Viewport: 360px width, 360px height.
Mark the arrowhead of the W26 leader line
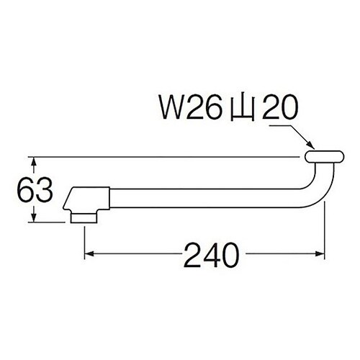307,148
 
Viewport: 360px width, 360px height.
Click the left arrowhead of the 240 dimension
91,254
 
